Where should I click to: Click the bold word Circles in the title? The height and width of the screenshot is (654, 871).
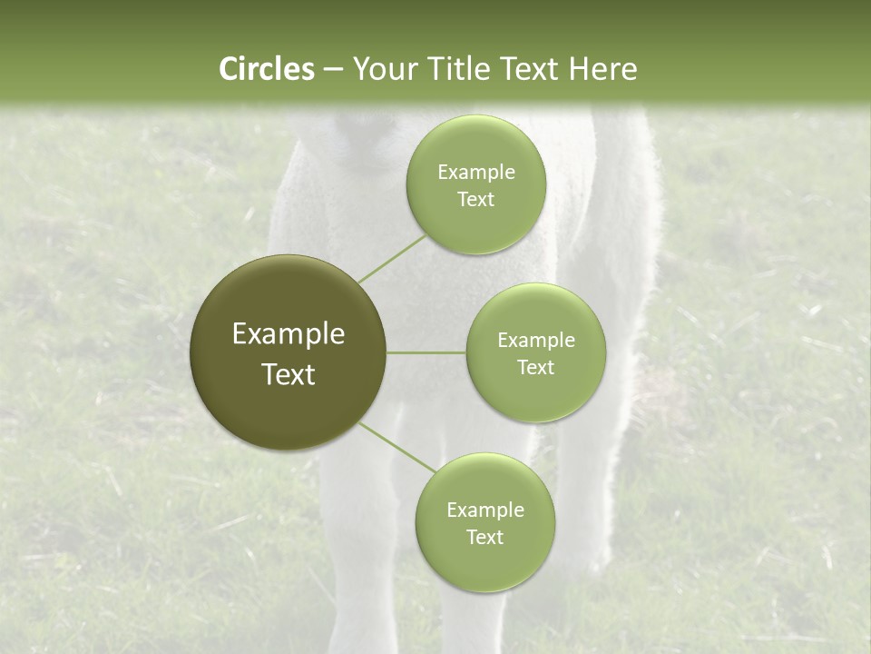266,69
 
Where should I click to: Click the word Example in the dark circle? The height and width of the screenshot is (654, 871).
288,334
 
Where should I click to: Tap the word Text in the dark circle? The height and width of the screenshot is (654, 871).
288,374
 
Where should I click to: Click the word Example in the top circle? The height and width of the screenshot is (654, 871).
475,173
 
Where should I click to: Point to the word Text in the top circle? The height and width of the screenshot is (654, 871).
475,200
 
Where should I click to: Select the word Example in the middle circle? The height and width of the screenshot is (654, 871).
535,341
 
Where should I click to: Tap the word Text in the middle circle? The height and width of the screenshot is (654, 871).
535,368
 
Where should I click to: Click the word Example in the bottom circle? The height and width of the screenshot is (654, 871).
484,510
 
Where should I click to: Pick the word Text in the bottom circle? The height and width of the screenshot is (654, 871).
484,538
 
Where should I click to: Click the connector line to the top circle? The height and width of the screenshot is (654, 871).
391,259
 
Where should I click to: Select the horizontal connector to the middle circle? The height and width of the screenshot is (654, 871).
426,352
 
